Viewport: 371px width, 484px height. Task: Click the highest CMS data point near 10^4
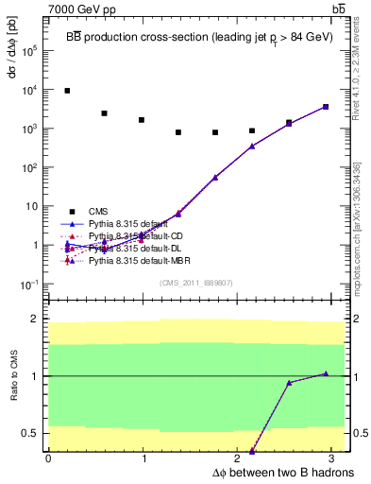pos(67,91)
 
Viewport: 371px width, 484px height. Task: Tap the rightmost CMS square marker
pos(325,107)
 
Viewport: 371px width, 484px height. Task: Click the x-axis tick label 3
pos(336,458)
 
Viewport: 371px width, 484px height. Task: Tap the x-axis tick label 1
pos(144,458)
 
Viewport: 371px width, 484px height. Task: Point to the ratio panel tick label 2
pos(36,320)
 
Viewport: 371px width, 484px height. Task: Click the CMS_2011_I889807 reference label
pos(197,283)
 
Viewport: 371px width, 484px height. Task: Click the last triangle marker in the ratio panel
pos(325,373)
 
